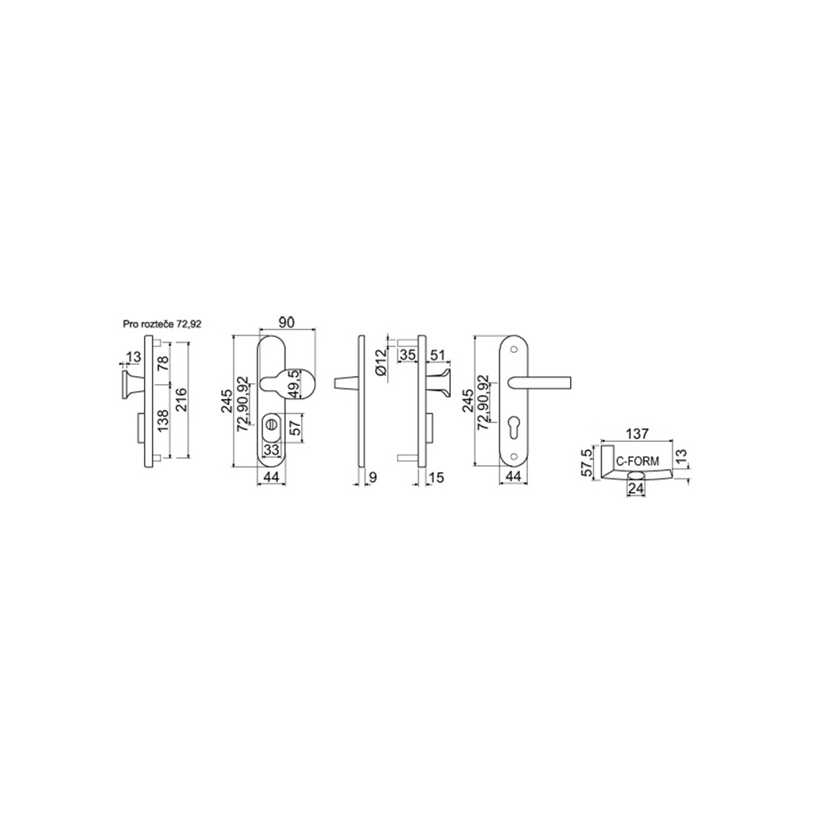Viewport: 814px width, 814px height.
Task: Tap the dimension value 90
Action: [x=286, y=324]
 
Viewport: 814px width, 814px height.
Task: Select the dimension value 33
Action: [x=272, y=449]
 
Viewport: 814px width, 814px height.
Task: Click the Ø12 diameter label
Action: [x=381, y=361]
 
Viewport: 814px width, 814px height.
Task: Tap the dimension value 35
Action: [x=408, y=355]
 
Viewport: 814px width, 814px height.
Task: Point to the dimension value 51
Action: [x=436, y=355]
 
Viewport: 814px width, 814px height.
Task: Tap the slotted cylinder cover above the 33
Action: [x=272, y=427]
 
